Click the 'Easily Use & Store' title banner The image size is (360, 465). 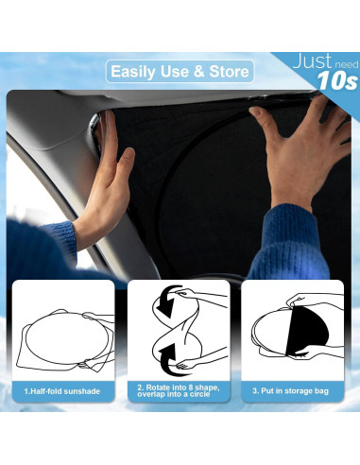(180, 71)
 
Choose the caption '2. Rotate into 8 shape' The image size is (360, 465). (180, 386)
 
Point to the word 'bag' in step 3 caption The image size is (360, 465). (321, 389)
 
